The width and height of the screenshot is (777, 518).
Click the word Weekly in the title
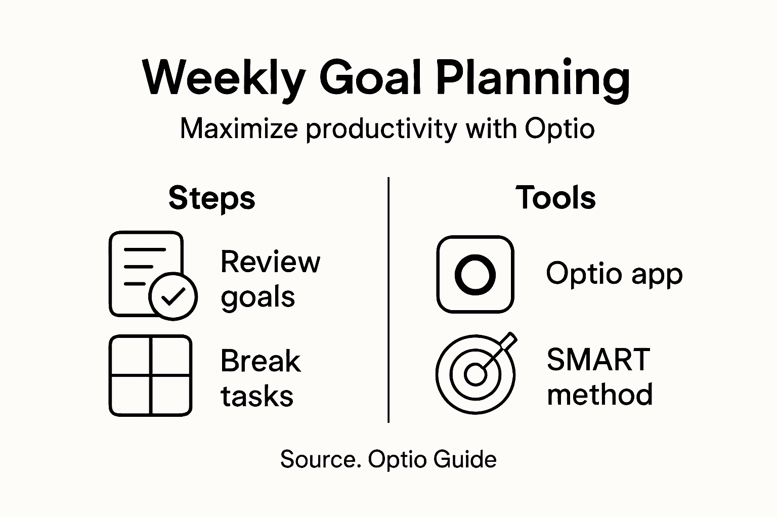tap(224, 78)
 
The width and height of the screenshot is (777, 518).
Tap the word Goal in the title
tap(370, 78)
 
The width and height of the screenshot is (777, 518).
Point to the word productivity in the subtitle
tap(382, 129)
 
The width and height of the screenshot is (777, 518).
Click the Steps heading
tap(212, 198)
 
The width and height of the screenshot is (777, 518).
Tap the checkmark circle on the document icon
tap(173, 296)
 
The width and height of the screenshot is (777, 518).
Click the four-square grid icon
tap(150, 375)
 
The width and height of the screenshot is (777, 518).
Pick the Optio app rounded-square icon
tap(475, 274)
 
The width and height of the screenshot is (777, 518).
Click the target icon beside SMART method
tap(475, 374)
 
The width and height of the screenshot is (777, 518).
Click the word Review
tap(270, 262)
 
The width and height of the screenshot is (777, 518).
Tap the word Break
tap(261, 361)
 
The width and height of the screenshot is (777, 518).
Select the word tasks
tap(257, 396)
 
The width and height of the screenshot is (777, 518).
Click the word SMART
tap(598, 360)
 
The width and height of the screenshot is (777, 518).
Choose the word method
tap(599, 395)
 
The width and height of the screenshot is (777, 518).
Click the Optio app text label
tap(614, 274)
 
